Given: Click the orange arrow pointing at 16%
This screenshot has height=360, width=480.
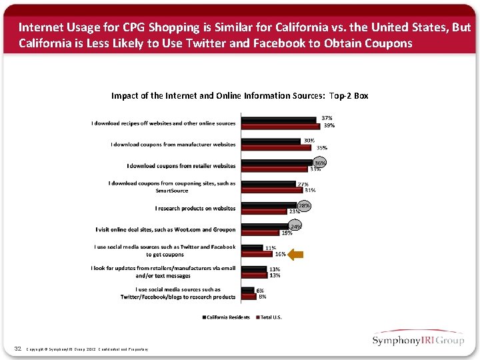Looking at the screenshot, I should [295, 254].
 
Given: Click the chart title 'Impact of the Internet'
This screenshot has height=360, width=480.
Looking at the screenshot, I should [239, 95].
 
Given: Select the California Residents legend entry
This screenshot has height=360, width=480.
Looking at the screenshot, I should [227, 317].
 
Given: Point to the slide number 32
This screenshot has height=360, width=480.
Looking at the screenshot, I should [18, 349].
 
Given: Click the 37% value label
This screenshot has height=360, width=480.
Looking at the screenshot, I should [327, 118].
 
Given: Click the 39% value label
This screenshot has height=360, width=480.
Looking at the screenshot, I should [329, 125].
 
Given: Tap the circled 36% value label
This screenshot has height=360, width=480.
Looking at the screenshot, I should [320, 162].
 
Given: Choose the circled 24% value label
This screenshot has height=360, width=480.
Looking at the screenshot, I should [296, 227].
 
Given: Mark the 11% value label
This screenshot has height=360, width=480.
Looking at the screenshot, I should [271, 247].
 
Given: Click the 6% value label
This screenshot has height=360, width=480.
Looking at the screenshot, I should [260, 290].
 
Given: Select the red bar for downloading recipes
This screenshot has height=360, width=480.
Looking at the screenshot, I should [281, 126].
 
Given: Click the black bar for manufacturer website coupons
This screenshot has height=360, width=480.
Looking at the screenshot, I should [271, 141].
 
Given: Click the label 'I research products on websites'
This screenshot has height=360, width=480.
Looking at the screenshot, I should [195, 208].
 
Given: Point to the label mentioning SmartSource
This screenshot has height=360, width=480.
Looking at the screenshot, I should [172, 187].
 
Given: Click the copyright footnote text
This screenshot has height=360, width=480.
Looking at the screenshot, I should [87, 349].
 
